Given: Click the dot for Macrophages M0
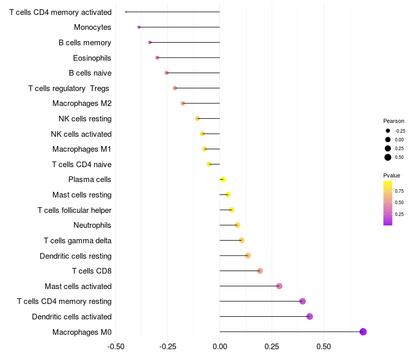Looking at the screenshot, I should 363,332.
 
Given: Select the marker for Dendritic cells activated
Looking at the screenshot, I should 310,316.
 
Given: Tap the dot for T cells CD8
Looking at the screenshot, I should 260,271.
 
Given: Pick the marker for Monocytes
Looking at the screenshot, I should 139,27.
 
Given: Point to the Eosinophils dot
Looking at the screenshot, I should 157,58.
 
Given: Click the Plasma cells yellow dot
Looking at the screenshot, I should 223,179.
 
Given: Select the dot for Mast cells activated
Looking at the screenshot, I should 279,286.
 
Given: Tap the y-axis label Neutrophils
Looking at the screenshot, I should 92,225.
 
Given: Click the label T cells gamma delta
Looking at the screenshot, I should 78,240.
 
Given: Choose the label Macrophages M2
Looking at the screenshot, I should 82,103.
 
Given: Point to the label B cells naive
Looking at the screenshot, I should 90,73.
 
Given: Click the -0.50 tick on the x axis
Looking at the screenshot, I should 116,347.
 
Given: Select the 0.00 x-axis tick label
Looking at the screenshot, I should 220,347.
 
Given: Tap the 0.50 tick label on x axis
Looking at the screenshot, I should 324,347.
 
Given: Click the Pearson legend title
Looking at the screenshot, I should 394,121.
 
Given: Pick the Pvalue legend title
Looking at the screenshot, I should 391,175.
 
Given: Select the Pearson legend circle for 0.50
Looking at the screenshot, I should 388,157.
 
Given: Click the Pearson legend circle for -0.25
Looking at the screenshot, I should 388,131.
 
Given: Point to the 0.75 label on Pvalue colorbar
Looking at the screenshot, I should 399,191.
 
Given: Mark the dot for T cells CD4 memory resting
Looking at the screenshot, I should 303,301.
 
